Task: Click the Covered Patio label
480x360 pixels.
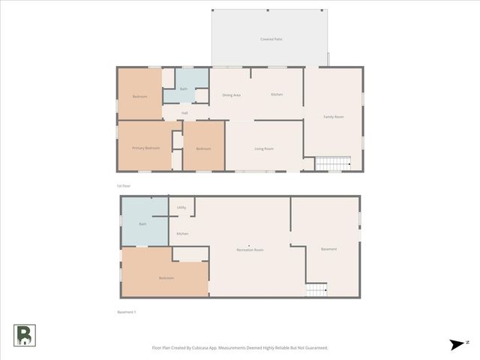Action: (x=271, y=39)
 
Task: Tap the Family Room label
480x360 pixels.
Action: (x=334, y=117)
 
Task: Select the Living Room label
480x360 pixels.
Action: (x=264, y=148)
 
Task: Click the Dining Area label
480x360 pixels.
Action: (x=232, y=95)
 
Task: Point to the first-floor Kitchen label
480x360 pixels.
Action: (x=277, y=94)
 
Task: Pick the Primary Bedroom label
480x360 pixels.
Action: (x=146, y=148)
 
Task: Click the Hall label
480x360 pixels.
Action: (x=184, y=113)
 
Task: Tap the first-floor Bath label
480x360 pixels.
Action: (x=184, y=89)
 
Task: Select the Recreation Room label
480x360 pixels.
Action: (x=250, y=249)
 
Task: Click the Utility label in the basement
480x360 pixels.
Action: (x=181, y=208)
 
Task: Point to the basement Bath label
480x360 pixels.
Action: (x=142, y=224)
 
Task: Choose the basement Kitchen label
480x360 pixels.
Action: (x=182, y=234)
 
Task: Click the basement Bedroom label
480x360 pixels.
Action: (x=166, y=278)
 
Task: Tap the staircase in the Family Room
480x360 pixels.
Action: (x=332, y=163)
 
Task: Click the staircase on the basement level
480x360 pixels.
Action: (x=316, y=289)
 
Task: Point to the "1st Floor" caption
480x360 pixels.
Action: (x=124, y=185)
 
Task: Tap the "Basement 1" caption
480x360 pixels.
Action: (x=127, y=311)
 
